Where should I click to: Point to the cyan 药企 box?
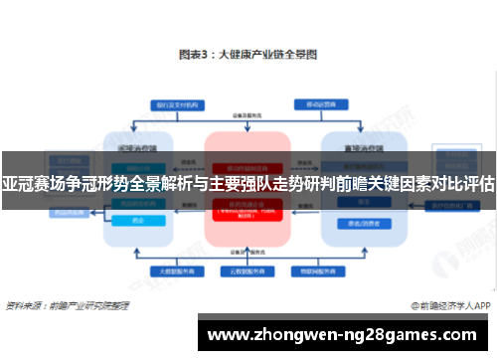(x=139, y=221)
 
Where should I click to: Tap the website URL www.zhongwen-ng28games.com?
(x=344, y=335)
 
